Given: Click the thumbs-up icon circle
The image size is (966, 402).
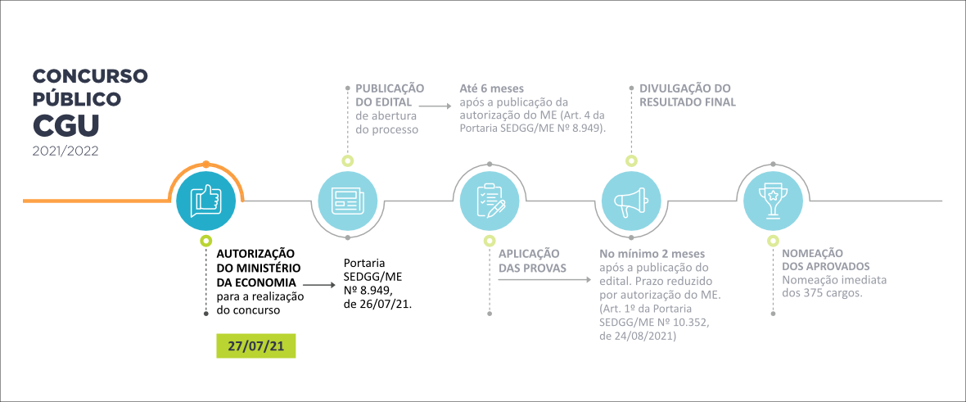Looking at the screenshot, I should (x=205, y=201).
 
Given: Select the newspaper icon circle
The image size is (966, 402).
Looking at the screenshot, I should (x=347, y=201).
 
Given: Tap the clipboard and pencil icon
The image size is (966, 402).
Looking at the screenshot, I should (x=490, y=201).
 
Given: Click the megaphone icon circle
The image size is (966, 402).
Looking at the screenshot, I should (x=631, y=201).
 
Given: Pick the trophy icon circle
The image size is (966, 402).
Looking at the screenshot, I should (x=773, y=201).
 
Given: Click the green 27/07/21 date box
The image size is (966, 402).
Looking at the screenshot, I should (x=255, y=346).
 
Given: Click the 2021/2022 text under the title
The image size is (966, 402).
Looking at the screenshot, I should (x=67, y=151).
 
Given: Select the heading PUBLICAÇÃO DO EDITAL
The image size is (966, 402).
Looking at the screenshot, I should (x=389, y=95).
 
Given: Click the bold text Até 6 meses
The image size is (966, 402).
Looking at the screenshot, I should (x=492, y=88).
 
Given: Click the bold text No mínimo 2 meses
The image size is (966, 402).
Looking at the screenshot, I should (x=652, y=253).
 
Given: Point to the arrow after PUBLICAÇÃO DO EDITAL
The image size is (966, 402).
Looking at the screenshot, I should (x=438, y=106).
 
